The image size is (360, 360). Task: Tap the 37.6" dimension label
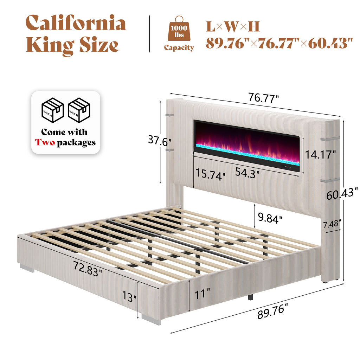point(160,142)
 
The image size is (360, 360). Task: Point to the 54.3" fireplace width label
point(247,173)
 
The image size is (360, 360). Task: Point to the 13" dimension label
point(130,298)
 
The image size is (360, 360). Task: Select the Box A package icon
point(52,110)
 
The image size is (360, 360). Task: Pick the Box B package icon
point(79,110)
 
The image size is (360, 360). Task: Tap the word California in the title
point(76,23)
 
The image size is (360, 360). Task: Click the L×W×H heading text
point(232,26)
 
